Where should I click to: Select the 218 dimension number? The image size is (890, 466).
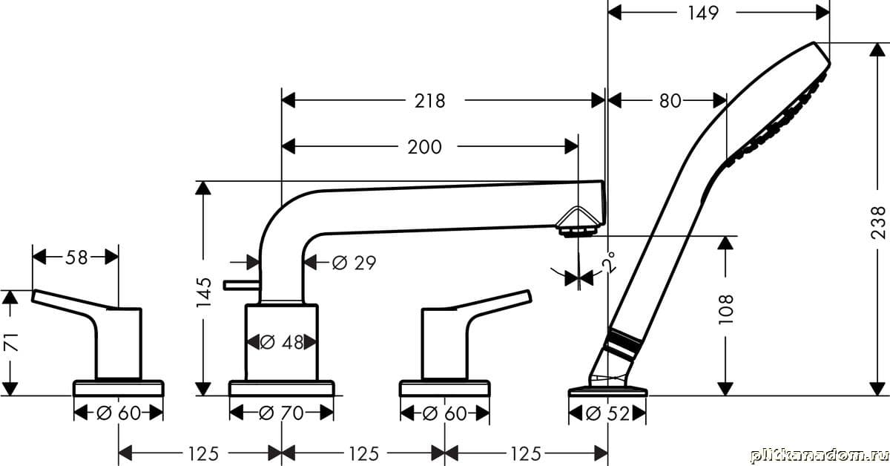click(x=429, y=101)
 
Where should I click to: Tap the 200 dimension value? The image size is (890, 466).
click(x=424, y=147)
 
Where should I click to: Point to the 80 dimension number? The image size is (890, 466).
click(x=670, y=101)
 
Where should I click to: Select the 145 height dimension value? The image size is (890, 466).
click(x=206, y=293)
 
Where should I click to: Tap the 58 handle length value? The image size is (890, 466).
click(x=76, y=257)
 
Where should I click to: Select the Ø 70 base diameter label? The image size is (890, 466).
click(x=282, y=413)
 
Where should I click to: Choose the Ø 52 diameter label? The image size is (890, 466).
click(x=607, y=413)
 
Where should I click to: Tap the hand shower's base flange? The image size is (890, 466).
click(x=607, y=390)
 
